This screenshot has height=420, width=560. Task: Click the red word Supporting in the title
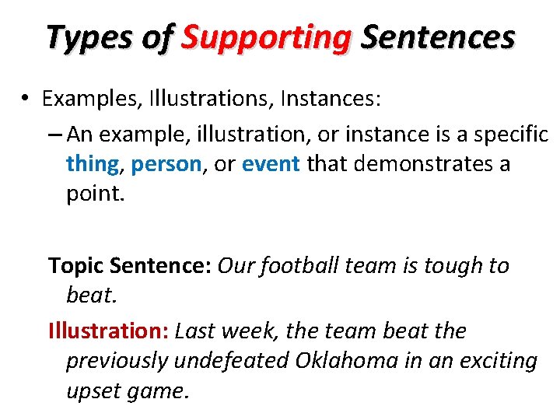[x=266, y=37]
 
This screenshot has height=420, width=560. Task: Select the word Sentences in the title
[x=438, y=37]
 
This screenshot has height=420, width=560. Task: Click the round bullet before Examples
[x=26, y=100]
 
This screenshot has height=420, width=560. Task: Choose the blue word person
[x=166, y=164]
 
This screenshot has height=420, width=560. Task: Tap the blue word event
[x=271, y=164]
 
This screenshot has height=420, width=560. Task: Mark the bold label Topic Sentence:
[x=130, y=266]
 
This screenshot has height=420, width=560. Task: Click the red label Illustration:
[x=108, y=331]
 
